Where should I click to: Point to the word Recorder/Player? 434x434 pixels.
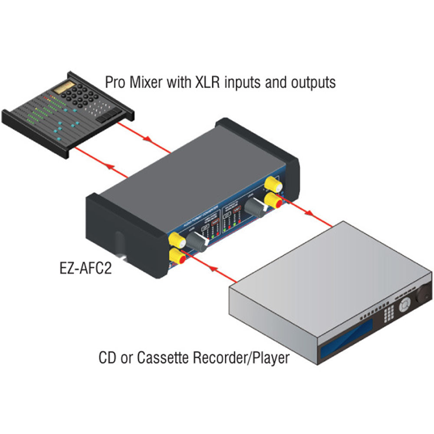point(240,358)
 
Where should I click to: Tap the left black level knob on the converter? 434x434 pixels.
point(199,240)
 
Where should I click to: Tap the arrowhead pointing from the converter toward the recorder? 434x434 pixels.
point(309,214)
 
